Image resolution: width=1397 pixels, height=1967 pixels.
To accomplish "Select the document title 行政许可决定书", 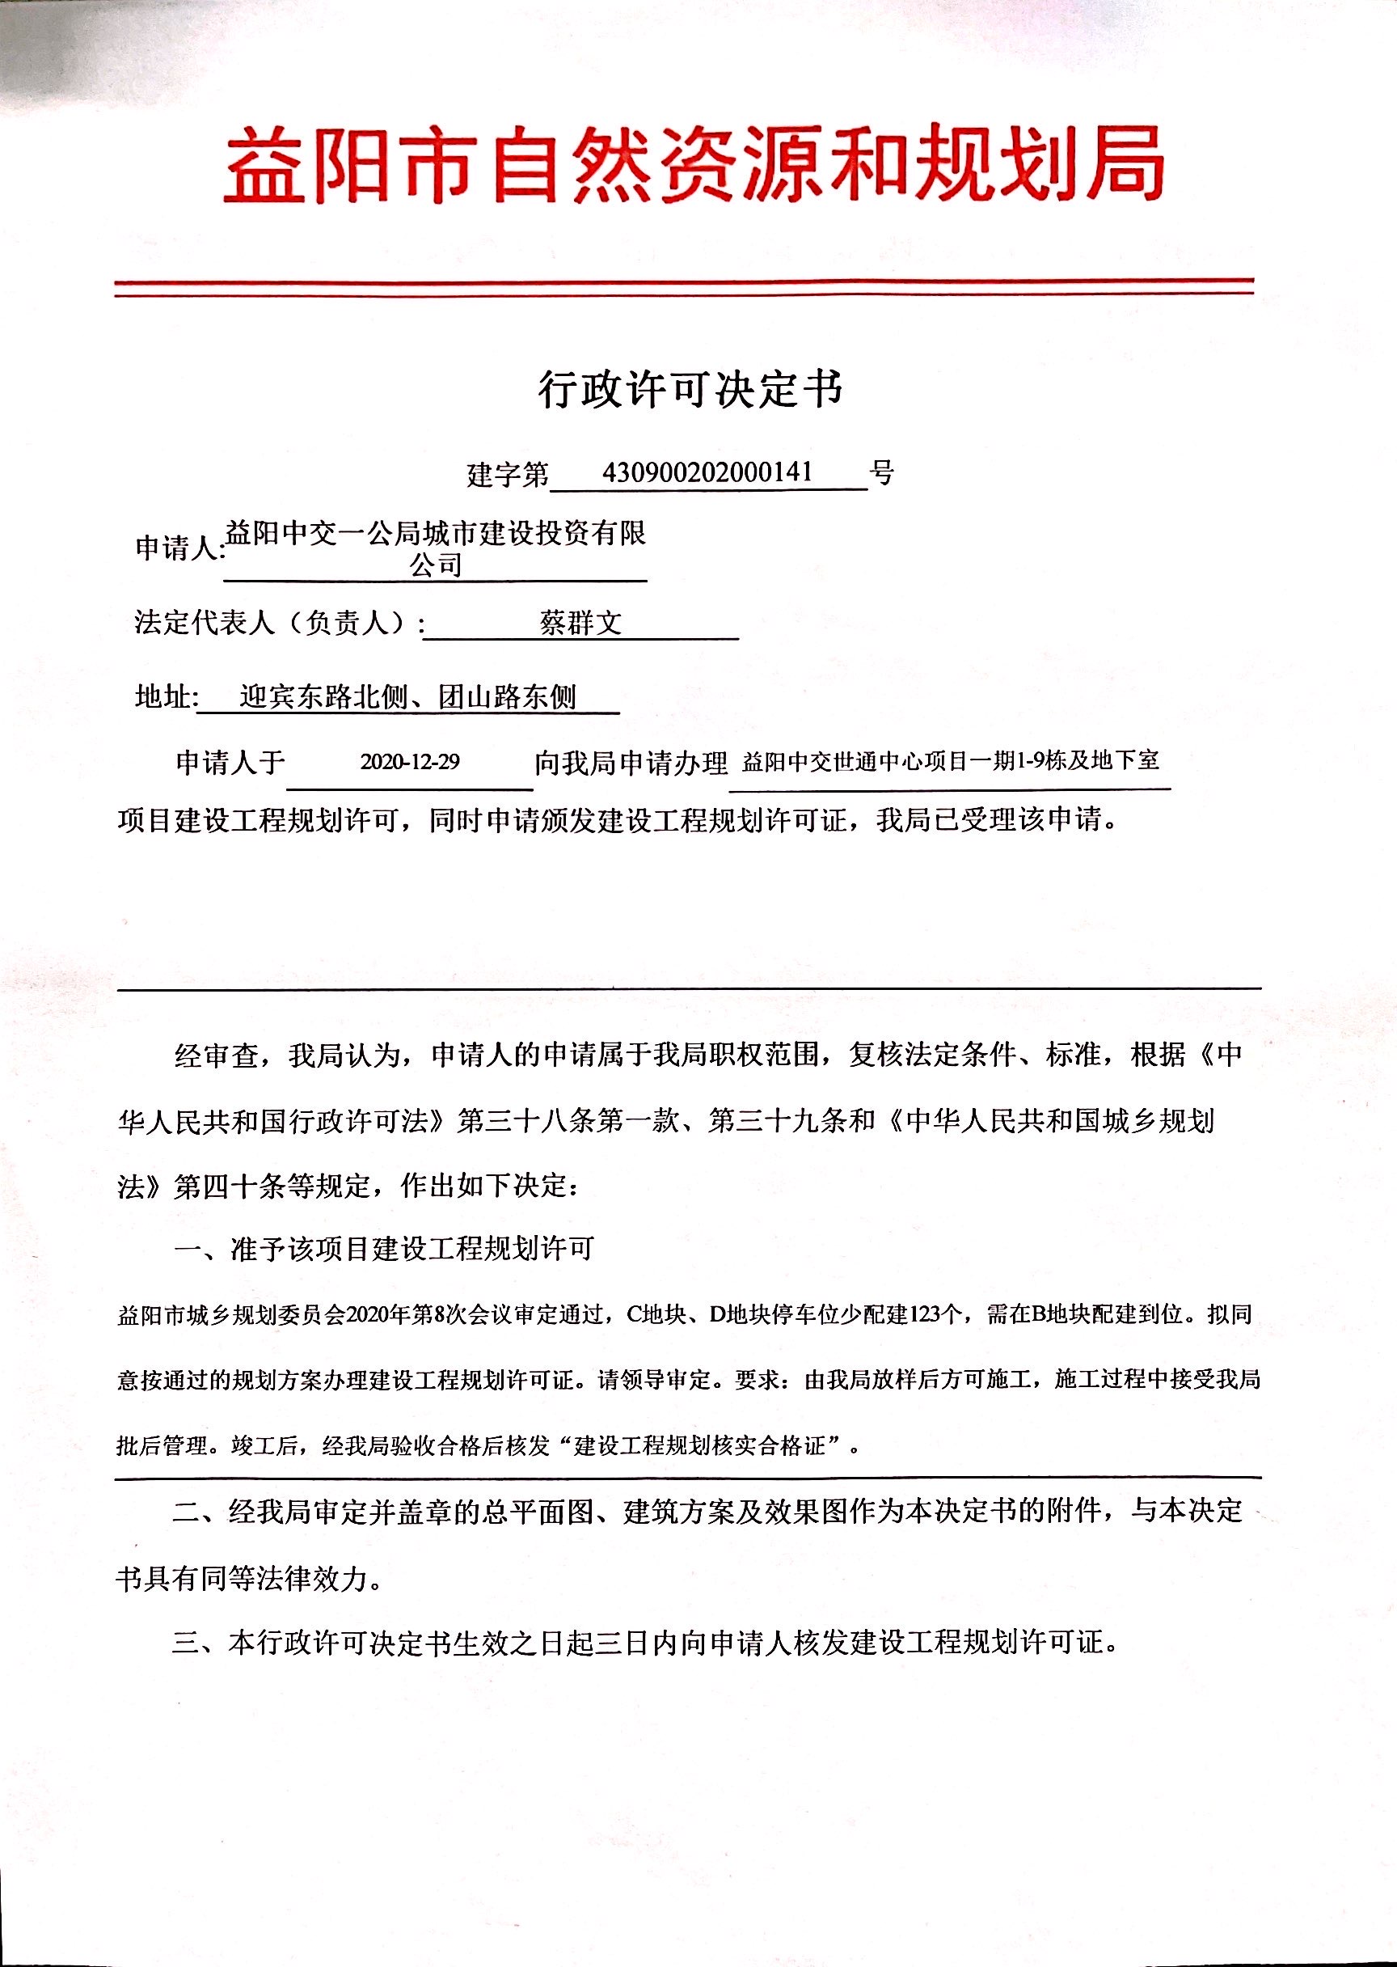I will click(x=690, y=390).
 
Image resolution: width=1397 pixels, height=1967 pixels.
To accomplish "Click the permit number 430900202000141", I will click(x=707, y=472).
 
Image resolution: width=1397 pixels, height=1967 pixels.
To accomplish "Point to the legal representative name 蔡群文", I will click(x=580, y=622).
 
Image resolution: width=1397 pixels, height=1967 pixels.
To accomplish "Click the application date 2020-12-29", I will click(x=409, y=762).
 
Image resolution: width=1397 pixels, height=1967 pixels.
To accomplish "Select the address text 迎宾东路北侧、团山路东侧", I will click(x=407, y=696).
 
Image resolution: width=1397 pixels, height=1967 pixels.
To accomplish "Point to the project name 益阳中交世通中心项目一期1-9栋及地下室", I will click(x=951, y=760).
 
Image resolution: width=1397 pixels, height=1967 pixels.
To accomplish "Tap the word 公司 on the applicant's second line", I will click(x=435, y=565).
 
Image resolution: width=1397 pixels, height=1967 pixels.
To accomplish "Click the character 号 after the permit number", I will click(x=882, y=472).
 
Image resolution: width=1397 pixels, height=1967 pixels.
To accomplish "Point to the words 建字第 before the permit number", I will click(x=507, y=473).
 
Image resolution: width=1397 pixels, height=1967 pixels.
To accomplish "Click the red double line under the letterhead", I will click(x=684, y=287).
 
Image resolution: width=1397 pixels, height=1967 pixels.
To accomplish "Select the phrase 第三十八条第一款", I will click(x=568, y=1121).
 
